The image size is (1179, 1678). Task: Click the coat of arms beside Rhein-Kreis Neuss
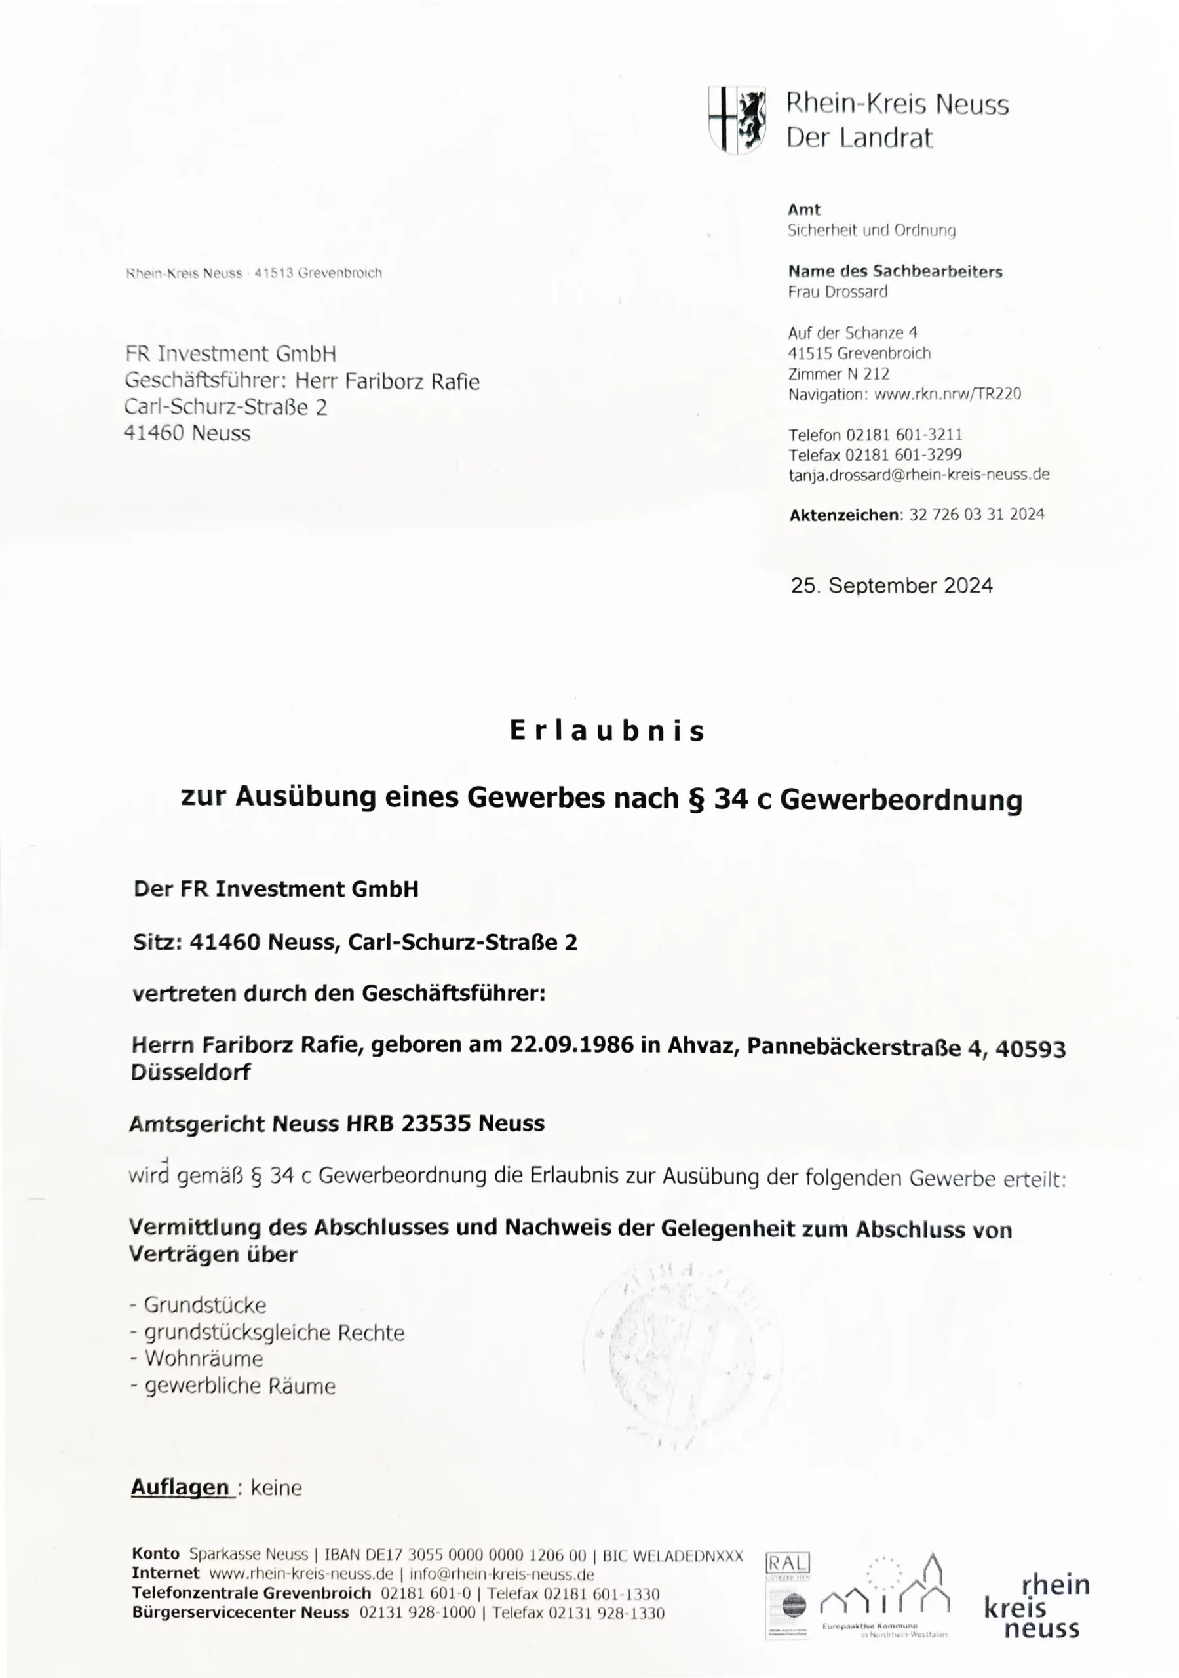[x=737, y=120]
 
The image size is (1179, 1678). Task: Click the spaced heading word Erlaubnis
[x=607, y=731]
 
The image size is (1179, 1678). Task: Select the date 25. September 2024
[x=891, y=585]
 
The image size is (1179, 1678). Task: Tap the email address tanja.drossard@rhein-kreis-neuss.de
[x=919, y=475]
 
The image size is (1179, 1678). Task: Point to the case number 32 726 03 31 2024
[x=976, y=515]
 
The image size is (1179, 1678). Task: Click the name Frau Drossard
[x=838, y=292]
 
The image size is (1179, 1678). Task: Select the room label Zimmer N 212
[x=838, y=374]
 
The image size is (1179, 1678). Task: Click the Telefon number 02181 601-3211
[x=904, y=435]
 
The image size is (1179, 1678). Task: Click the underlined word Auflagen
[x=180, y=1487]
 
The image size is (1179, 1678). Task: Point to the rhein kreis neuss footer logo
[x=1037, y=1607]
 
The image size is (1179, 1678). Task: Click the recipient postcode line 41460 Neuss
[x=187, y=433]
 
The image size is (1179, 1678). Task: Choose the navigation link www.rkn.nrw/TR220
[x=947, y=394]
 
